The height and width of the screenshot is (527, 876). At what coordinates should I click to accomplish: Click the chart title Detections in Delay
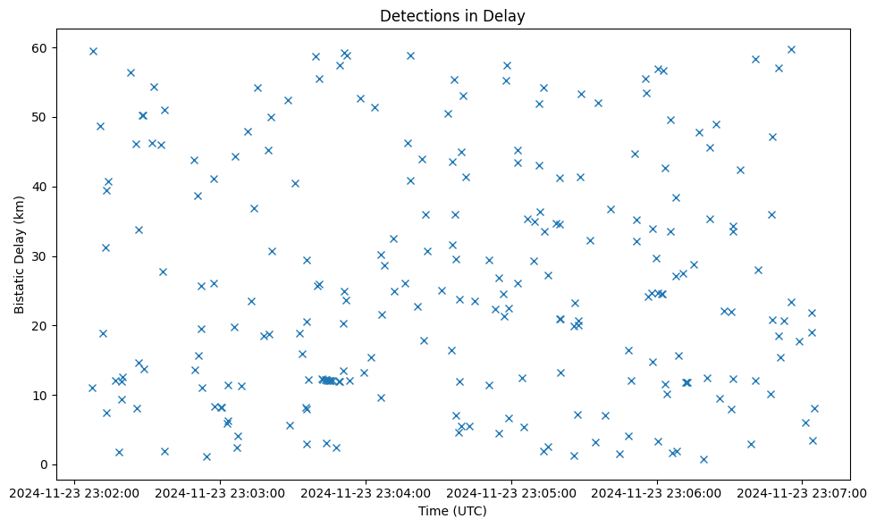point(452,16)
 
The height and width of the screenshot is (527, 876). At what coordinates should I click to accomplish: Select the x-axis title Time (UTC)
point(452,511)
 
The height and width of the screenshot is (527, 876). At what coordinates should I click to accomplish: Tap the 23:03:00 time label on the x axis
point(219,492)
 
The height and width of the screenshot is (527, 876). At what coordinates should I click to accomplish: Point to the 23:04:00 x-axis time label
point(366,492)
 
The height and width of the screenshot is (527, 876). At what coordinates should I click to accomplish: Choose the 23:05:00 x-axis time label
point(511,492)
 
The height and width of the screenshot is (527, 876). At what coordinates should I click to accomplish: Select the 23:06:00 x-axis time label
point(657,492)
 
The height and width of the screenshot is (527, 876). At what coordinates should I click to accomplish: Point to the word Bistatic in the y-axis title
point(20,283)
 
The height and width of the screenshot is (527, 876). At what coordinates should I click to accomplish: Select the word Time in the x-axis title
point(434,511)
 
